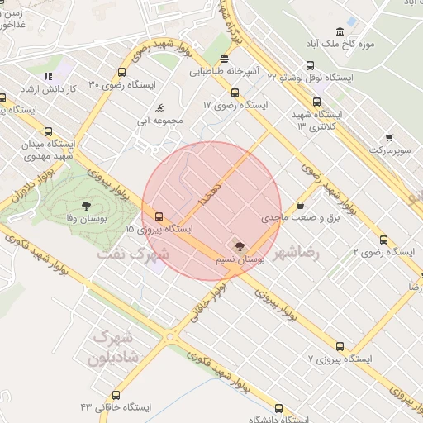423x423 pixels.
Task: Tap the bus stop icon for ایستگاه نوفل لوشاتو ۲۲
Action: pos(310,65)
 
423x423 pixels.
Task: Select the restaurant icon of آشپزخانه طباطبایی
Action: pos(226,59)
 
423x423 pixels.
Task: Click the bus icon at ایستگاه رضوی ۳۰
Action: pos(122,73)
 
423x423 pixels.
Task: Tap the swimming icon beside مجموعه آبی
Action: pos(159,107)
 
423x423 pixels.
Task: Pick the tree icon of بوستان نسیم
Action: pos(238,245)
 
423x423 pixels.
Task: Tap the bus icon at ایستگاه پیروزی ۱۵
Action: pos(159,216)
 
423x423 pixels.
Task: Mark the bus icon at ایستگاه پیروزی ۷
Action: pos(340,347)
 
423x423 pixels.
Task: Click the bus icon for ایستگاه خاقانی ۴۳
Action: pos(115,395)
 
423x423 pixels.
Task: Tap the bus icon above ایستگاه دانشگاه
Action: pos(278,407)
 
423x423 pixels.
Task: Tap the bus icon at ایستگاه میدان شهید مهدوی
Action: pos(47,131)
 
